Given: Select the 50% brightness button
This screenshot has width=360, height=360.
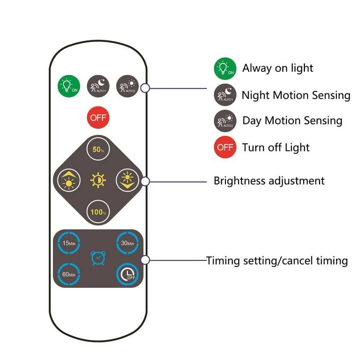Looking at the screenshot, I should point(98,149).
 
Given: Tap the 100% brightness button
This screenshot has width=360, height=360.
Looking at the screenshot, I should point(98,212).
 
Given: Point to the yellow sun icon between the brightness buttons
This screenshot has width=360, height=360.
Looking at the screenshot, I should point(98,180).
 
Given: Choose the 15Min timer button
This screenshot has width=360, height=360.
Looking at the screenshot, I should point(68,243).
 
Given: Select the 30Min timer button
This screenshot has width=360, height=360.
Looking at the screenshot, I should point(127,243).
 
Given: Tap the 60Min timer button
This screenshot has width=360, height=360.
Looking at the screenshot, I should point(68,274).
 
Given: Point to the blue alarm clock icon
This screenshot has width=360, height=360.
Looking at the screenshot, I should point(98,258).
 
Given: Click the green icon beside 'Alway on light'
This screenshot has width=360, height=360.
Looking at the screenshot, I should point(225,69).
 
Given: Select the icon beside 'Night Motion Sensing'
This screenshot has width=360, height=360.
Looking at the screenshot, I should point(225,95).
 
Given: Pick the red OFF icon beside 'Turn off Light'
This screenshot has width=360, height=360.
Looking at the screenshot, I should point(225,147).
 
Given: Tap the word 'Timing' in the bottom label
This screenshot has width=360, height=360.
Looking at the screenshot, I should point(224,260).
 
